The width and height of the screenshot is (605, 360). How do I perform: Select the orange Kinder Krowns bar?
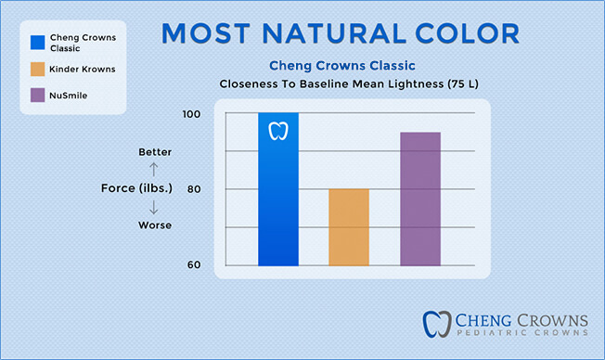click(349, 227)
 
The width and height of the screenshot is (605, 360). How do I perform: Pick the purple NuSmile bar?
click(420, 199)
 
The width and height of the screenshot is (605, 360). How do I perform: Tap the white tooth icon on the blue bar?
click(278, 130)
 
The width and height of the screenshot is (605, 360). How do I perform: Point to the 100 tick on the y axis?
click(191, 114)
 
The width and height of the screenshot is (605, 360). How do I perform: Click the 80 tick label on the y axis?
click(192, 189)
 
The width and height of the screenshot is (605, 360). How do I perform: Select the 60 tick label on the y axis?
click(192, 264)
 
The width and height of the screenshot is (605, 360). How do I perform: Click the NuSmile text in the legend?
click(70, 95)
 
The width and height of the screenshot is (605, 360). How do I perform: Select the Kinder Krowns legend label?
click(79, 69)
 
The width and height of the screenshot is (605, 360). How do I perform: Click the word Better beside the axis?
click(155, 151)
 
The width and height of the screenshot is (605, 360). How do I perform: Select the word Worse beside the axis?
click(155, 225)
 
